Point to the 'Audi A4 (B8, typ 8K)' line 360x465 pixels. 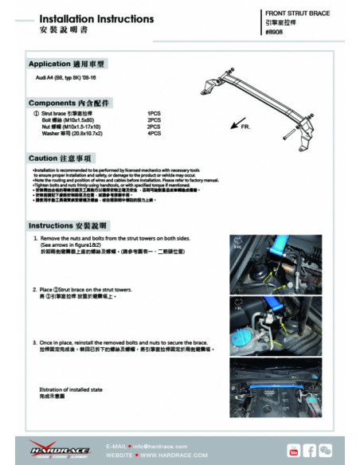[x=69, y=81]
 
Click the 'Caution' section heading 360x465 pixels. [x=65, y=158]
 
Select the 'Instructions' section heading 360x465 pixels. [x=73, y=225]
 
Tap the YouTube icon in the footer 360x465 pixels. [x=293, y=451]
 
